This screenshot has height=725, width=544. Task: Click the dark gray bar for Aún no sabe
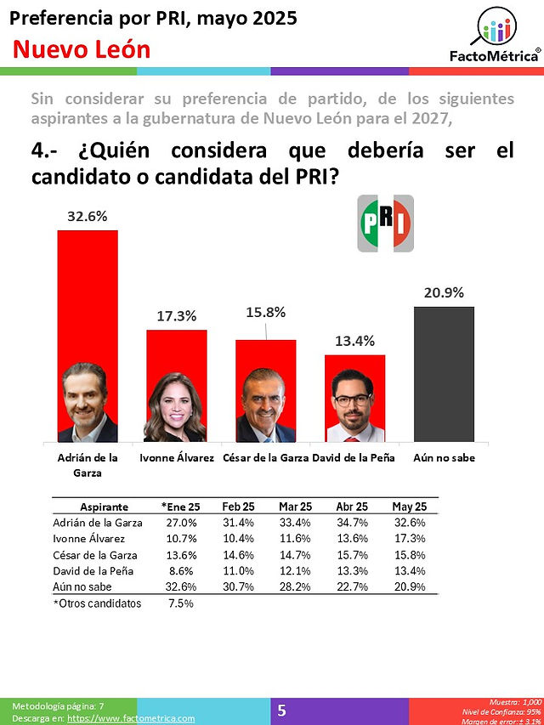444,374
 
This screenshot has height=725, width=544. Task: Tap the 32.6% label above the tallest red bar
88,216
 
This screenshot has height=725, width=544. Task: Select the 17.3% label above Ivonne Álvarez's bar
176,316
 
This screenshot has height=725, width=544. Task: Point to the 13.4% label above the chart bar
354,341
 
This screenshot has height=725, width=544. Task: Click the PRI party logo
385,224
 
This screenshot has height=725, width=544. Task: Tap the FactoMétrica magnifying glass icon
494,27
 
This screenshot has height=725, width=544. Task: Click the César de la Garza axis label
265,458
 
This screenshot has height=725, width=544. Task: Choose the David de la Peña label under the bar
354,458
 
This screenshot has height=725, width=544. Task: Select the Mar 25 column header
295,507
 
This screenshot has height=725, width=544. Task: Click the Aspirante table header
104,507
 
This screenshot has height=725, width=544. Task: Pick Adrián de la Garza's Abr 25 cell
352,523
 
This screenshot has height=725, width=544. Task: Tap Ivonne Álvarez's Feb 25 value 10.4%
238,539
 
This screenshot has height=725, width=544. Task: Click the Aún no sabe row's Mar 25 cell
295,586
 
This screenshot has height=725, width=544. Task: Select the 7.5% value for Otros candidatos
181,603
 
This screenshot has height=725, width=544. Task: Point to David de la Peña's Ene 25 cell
181,571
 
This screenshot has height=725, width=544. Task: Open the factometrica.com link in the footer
131,718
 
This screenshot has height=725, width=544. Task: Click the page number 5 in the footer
281,711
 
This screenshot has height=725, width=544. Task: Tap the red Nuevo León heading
82,49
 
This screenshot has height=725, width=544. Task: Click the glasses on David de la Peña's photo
353,399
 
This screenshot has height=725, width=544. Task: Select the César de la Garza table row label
95,555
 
